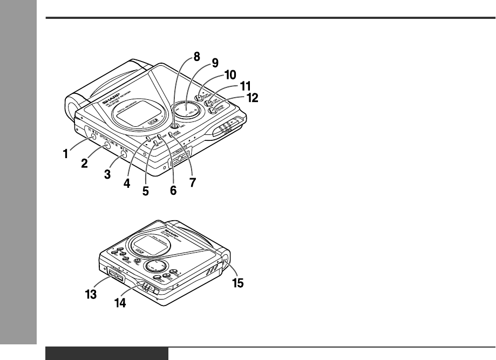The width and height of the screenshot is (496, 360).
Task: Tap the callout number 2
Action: pos(84,164)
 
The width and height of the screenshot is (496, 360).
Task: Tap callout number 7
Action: pos(193,183)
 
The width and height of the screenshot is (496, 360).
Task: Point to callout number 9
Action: pos(200,63)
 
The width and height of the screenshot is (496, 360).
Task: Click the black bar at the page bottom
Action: pos(107,354)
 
